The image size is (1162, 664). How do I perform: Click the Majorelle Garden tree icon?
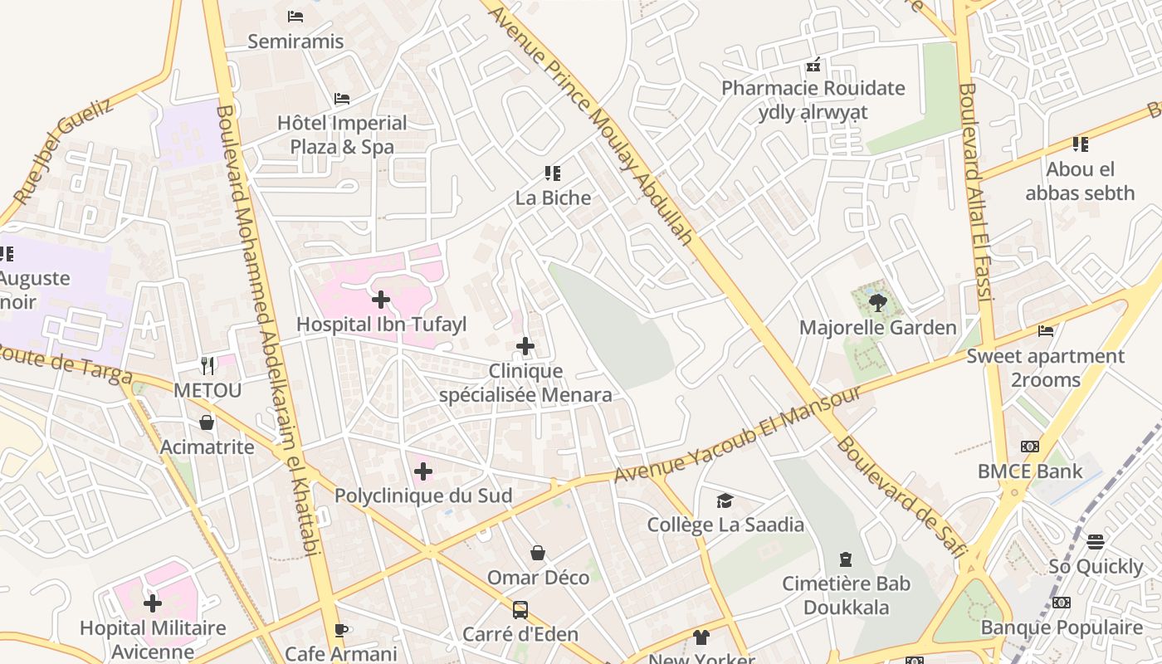pyautogui.click(x=878, y=302)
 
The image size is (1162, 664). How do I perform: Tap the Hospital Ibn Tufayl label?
pyautogui.click(x=382, y=325)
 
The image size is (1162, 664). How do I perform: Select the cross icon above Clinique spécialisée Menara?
pyautogui.click(x=525, y=346)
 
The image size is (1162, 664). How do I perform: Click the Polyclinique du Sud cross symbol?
pyautogui.click(x=423, y=472)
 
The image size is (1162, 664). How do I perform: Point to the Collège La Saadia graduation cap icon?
pyautogui.click(x=725, y=500)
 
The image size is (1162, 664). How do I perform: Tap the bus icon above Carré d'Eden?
pyautogui.click(x=520, y=610)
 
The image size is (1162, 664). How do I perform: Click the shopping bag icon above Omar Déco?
pyautogui.click(x=538, y=553)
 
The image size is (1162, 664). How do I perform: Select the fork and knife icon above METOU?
pyautogui.click(x=207, y=365)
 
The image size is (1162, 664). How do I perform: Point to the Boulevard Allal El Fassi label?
pyautogui.click(x=975, y=191)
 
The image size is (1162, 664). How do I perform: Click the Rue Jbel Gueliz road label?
pyautogui.click(x=64, y=152)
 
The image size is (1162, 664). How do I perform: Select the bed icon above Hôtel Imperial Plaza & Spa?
pyautogui.click(x=341, y=99)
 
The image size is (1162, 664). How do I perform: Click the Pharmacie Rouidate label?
pyautogui.click(x=813, y=88)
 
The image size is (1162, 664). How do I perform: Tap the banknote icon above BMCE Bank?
pyautogui.click(x=1030, y=447)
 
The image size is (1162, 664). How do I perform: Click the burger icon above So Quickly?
pyautogui.click(x=1096, y=542)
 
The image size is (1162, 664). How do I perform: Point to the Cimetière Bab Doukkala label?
pyautogui.click(x=846, y=595)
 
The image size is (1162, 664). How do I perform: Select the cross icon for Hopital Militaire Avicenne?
pyautogui.click(x=153, y=603)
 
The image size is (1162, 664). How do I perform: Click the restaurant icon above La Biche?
pyautogui.click(x=553, y=173)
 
